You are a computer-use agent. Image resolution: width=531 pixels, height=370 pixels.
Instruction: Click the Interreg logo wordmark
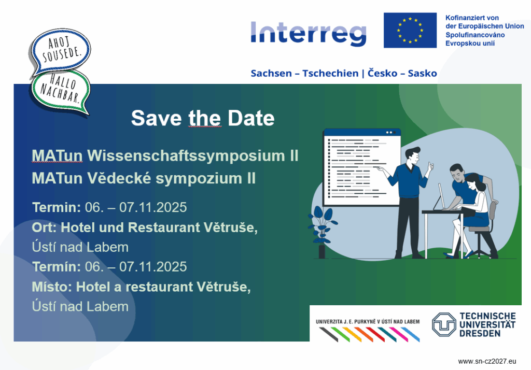click(309, 34)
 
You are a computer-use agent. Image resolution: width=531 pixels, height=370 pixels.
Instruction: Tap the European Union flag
click(410, 30)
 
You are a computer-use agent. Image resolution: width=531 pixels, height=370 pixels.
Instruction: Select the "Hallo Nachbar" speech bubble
click(61, 91)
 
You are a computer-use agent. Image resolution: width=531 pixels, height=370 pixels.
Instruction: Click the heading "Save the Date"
click(203, 118)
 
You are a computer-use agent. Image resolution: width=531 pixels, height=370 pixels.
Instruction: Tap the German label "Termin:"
click(57, 207)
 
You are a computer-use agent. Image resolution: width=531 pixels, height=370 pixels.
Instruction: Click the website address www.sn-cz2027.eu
click(487, 361)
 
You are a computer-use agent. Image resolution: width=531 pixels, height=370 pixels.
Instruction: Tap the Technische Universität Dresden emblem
click(444, 324)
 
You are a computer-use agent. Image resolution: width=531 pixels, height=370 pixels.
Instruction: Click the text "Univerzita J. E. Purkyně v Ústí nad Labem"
click(368, 322)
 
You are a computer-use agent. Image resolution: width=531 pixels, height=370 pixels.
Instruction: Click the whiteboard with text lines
click(362, 167)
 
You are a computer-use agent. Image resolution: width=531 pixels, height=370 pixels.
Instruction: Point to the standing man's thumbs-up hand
click(430, 166)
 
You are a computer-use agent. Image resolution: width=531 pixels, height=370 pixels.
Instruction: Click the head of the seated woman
click(474, 182)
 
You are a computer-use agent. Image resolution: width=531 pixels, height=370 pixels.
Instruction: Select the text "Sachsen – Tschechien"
click(304, 74)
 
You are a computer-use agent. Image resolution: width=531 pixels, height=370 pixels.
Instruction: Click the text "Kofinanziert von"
click(472, 18)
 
